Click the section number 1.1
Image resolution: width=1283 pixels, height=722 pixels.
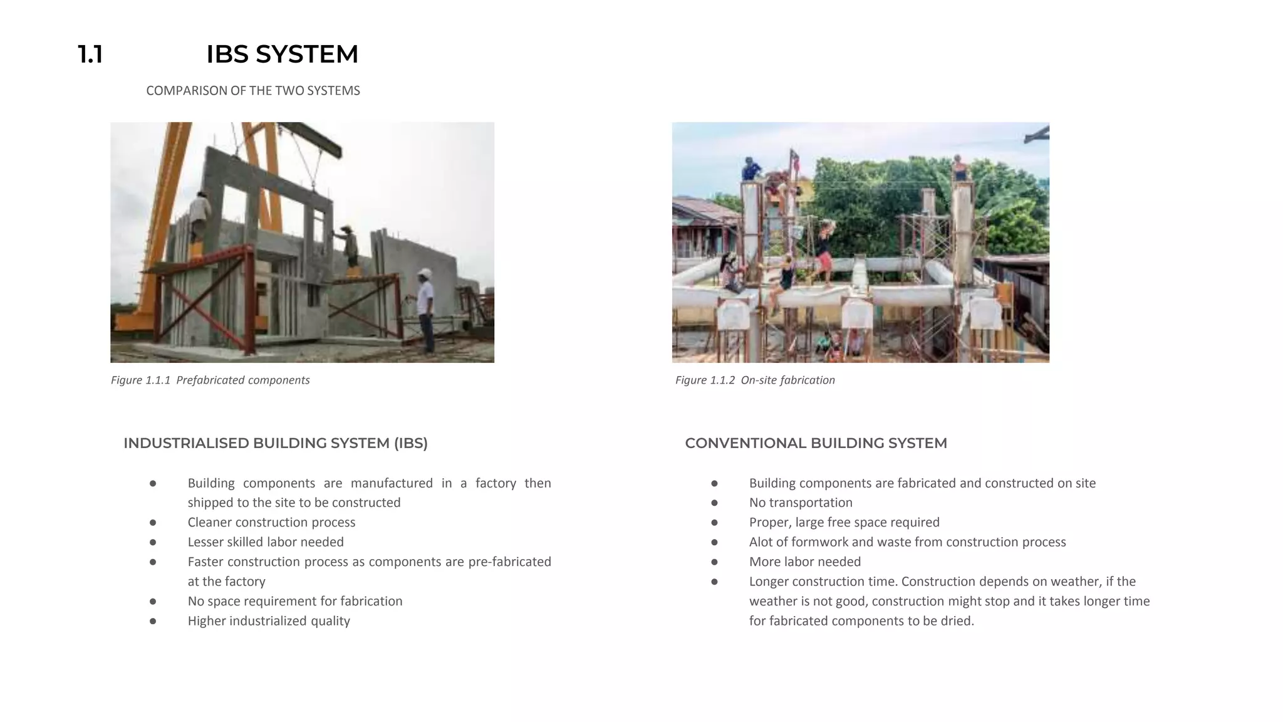coord(90,55)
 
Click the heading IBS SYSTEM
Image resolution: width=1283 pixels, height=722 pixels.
coord(282,55)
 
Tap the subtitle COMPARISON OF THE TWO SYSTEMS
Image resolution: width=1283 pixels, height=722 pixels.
coord(252,91)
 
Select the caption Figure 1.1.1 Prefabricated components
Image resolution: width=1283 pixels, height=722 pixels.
coord(210,380)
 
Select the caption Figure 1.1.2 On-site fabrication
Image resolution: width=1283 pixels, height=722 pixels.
coord(755,380)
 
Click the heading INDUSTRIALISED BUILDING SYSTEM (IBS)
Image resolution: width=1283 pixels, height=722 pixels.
coord(276,443)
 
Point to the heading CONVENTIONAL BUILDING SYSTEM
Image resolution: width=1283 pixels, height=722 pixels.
coord(816,443)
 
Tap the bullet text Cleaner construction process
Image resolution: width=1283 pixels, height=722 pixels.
coord(271,522)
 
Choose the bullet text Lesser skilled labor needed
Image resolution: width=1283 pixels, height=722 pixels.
coord(266,541)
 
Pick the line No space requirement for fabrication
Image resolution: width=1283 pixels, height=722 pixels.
coord(295,601)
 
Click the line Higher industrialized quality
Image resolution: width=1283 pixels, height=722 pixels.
coord(269,620)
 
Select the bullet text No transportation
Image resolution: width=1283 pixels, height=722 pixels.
coord(801,503)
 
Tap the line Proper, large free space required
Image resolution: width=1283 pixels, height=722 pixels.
coord(844,522)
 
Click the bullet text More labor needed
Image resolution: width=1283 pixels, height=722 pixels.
coord(805,562)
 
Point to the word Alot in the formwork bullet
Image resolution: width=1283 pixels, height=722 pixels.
coord(761,541)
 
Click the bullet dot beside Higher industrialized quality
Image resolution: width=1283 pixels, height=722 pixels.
coord(153,621)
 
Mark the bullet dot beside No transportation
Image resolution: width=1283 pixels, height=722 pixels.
coord(714,503)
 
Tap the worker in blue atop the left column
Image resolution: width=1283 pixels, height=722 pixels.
coord(750,169)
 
